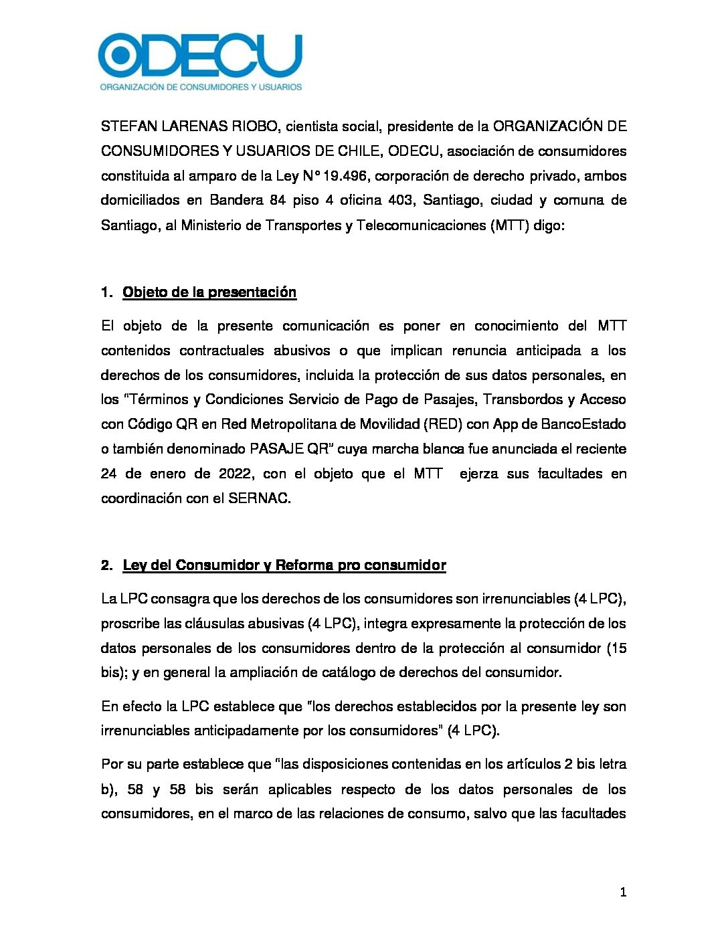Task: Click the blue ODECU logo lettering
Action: [x=200, y=56]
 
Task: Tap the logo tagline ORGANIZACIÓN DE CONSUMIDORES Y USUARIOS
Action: [x=201, y=86]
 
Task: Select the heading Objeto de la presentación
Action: [x=209, y=292]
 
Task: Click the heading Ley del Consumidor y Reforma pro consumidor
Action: [x=284, y=565]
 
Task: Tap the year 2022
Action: [x=234, y=474]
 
